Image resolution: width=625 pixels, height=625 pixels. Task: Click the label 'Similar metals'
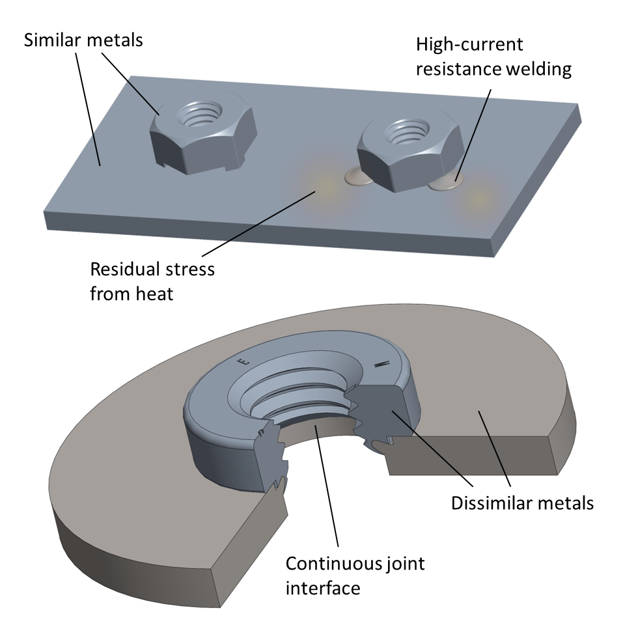(x=83, y=40)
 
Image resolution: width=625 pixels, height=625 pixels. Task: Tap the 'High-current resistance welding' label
(x=493, y=57)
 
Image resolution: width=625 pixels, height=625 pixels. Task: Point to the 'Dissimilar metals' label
(x=521, y=503)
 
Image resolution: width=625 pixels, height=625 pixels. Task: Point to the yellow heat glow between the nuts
(x=318, y=186)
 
